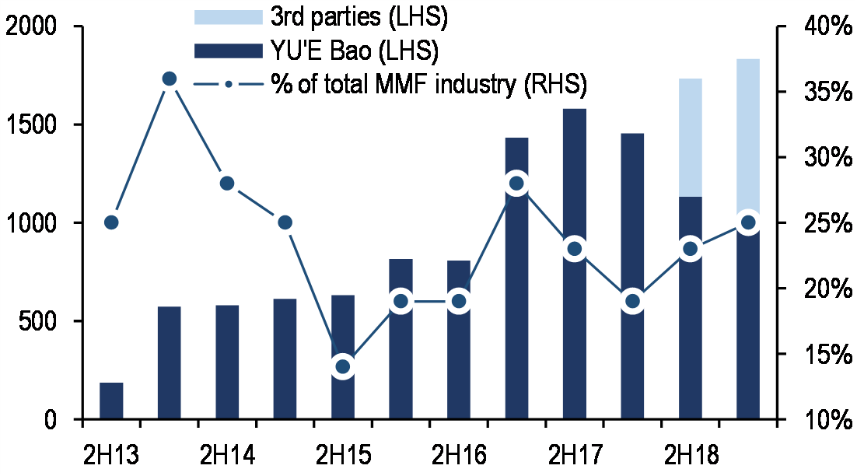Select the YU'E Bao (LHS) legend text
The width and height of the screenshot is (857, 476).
click(x=355, y=52)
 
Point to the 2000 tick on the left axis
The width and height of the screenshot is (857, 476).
click(x=31, y=27)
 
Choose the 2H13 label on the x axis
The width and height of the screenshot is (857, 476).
click(x=111, y=453)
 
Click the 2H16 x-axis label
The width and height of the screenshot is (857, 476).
click(x=458, y=453)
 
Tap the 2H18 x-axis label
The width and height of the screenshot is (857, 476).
click(x=690, y=453)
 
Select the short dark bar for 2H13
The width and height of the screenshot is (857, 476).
click(x=111, y=401)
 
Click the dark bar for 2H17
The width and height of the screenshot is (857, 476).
click(x=574, y=334)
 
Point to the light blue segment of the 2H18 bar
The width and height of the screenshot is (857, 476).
click(x=690, y=137)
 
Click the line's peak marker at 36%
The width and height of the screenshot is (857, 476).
click(x=170, y=79)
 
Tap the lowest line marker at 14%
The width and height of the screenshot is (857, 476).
click(x=343, y=366)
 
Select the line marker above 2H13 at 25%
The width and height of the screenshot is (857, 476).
click(x=111, y=222)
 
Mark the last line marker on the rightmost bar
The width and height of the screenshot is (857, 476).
click(x=748, y=222)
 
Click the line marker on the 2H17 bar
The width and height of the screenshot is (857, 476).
click(x=574, y=249)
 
